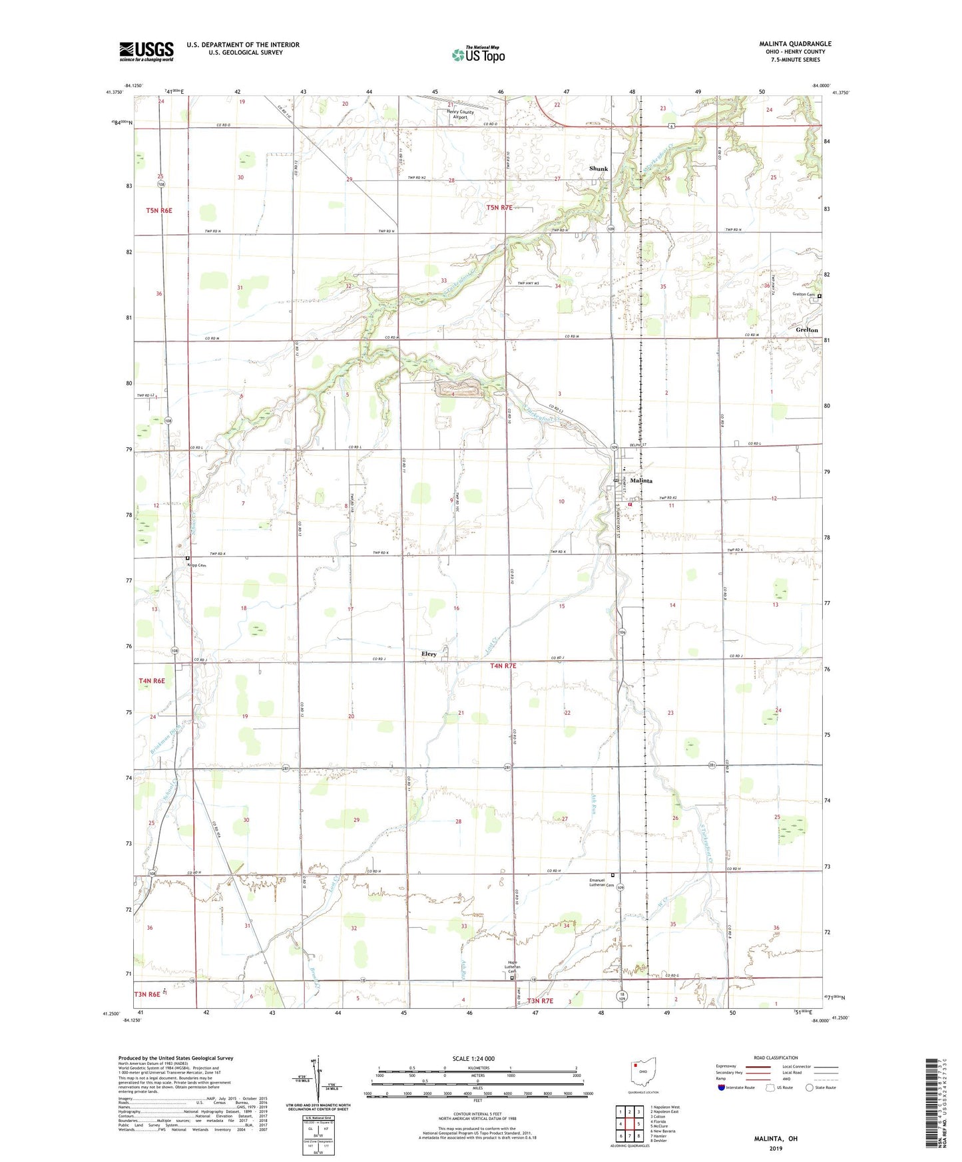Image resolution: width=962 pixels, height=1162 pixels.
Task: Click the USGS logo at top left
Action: pyautogui.click(x=146, y=51)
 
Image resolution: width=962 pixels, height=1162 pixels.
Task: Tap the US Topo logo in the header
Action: pyautogui.click(x=478, y=55)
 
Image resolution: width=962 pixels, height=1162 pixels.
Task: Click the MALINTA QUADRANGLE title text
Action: pyautogui.click(x=795, y=44)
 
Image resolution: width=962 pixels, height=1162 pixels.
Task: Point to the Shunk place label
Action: pyautogui.click(x=598, y=169)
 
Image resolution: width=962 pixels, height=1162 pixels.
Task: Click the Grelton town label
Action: pyautogui.click(x=807, y=330)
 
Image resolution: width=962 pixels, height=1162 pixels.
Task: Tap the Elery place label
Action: pyautogui.click(x=429, y=654)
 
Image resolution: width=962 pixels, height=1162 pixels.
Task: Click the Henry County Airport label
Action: pyautogui.click(x=460, y=114)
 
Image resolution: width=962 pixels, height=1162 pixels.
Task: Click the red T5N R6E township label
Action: pyautogui.click(x=159, y=210)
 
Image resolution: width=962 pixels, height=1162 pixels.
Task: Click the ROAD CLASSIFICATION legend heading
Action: pyautogui.click(x=776, y=1058)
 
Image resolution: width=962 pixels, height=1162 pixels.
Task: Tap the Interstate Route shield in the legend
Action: pyautogui.click(x=722, y=1087)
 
